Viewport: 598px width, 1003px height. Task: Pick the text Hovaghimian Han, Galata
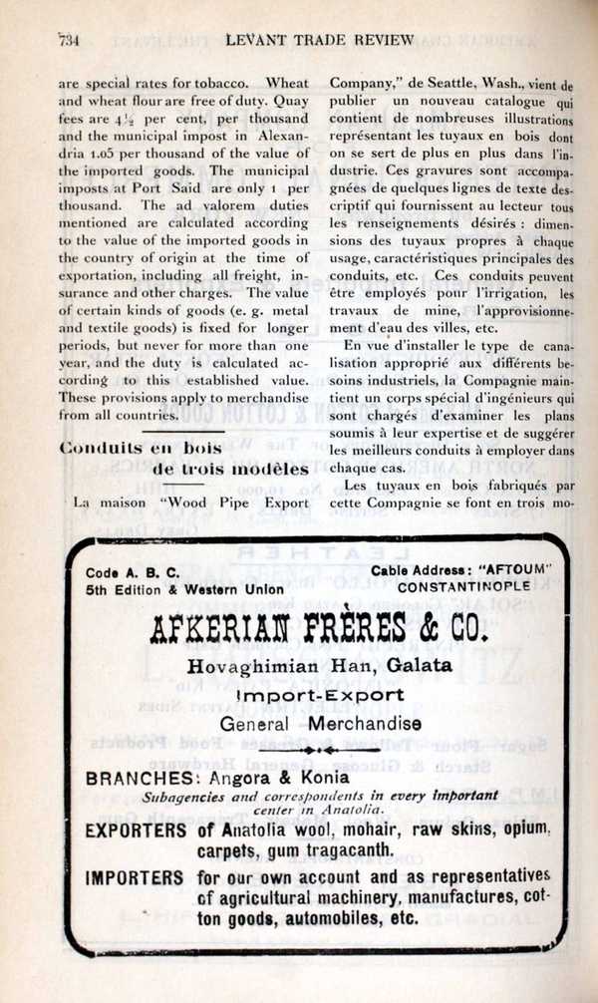point(320,666)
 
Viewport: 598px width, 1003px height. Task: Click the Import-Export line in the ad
point(320,695)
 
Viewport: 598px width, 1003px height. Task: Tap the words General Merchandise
point(320,724)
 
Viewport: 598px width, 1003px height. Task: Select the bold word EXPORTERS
point(136,830)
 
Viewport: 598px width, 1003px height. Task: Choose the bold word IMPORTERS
point(135,878)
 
